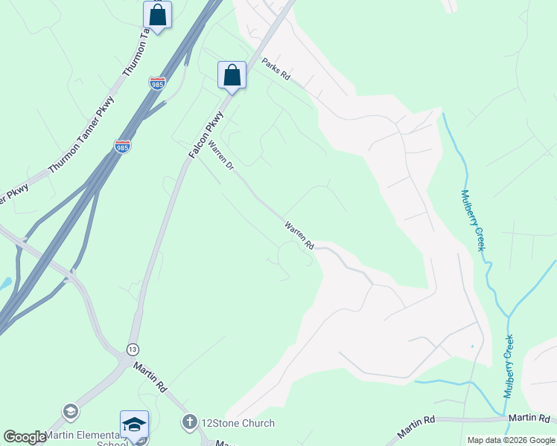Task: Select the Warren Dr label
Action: [220, 156]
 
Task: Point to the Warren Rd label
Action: [299, 235]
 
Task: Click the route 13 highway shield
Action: [133, 349]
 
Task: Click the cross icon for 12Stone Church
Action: [190, 423]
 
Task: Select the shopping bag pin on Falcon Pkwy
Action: [232, 75]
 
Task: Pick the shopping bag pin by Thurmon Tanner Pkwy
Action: [157, 15]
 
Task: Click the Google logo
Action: [25, 437]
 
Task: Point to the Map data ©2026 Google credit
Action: [510, 440]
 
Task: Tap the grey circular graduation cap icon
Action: [71, 411]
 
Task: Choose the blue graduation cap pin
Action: [134, 424]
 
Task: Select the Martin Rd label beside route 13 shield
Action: [150, 377]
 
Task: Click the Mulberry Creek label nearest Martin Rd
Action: [509, 366]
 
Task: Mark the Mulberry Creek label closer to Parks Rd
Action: [472, 220]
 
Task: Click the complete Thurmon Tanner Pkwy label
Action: [82, 135]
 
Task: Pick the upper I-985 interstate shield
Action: [157, 84]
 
